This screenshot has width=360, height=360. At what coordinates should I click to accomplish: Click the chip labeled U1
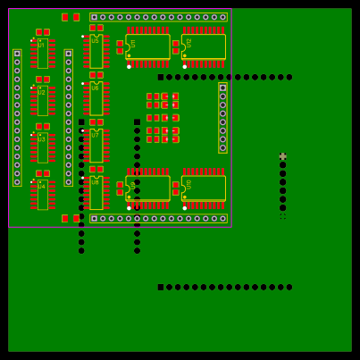click(42, 54)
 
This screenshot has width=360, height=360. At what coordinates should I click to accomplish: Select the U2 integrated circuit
click(42, 101)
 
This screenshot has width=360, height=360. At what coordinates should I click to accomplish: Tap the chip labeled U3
click(42, 147)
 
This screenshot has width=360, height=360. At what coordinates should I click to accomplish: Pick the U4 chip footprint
click(42, 194)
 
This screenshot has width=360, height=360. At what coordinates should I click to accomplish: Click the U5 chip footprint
click(96, 51)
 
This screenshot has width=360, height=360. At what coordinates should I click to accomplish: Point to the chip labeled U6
click(96, 98)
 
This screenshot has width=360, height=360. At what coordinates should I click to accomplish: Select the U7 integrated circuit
click(96, 146)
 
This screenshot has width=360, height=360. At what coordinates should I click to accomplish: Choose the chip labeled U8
click(96, 192)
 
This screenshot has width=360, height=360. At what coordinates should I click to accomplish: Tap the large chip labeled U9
click(148, 188)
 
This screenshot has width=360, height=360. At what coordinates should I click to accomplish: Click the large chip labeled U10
click(204, 188)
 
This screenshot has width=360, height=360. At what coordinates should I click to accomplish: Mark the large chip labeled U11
click(148, 46)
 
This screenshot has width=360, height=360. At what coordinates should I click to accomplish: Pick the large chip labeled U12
click(204, 46)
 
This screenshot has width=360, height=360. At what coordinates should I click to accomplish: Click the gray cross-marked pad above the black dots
click(283, 156)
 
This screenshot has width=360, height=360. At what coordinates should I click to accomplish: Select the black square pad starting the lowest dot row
click(161, 288)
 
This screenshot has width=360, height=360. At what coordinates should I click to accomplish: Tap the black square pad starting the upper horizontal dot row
click(161, 77)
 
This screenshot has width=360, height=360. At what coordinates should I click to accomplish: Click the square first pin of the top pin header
click(95, 17)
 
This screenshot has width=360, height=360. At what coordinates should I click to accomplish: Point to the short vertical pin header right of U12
click(222, 118)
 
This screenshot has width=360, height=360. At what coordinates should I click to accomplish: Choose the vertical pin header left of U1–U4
click(17, 117)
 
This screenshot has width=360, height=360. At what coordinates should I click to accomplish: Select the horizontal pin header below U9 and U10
click(158, 218)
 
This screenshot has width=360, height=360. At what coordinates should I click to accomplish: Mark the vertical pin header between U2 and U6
click(68, 117)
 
